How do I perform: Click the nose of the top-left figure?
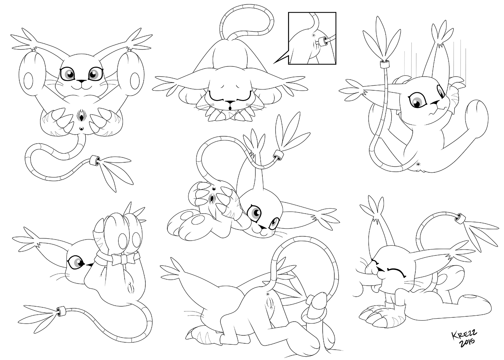pyautogui.click(x=81, y=81)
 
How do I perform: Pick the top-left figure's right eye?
pyautogui.click(x=96, y=73)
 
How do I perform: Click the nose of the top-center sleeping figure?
pyautogui.click(x=229, y=102)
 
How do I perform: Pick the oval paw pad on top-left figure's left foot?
pyautogui.click(x=28, y=81)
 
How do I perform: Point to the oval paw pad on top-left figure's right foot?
pyautogui.click(x=135, y=81)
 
